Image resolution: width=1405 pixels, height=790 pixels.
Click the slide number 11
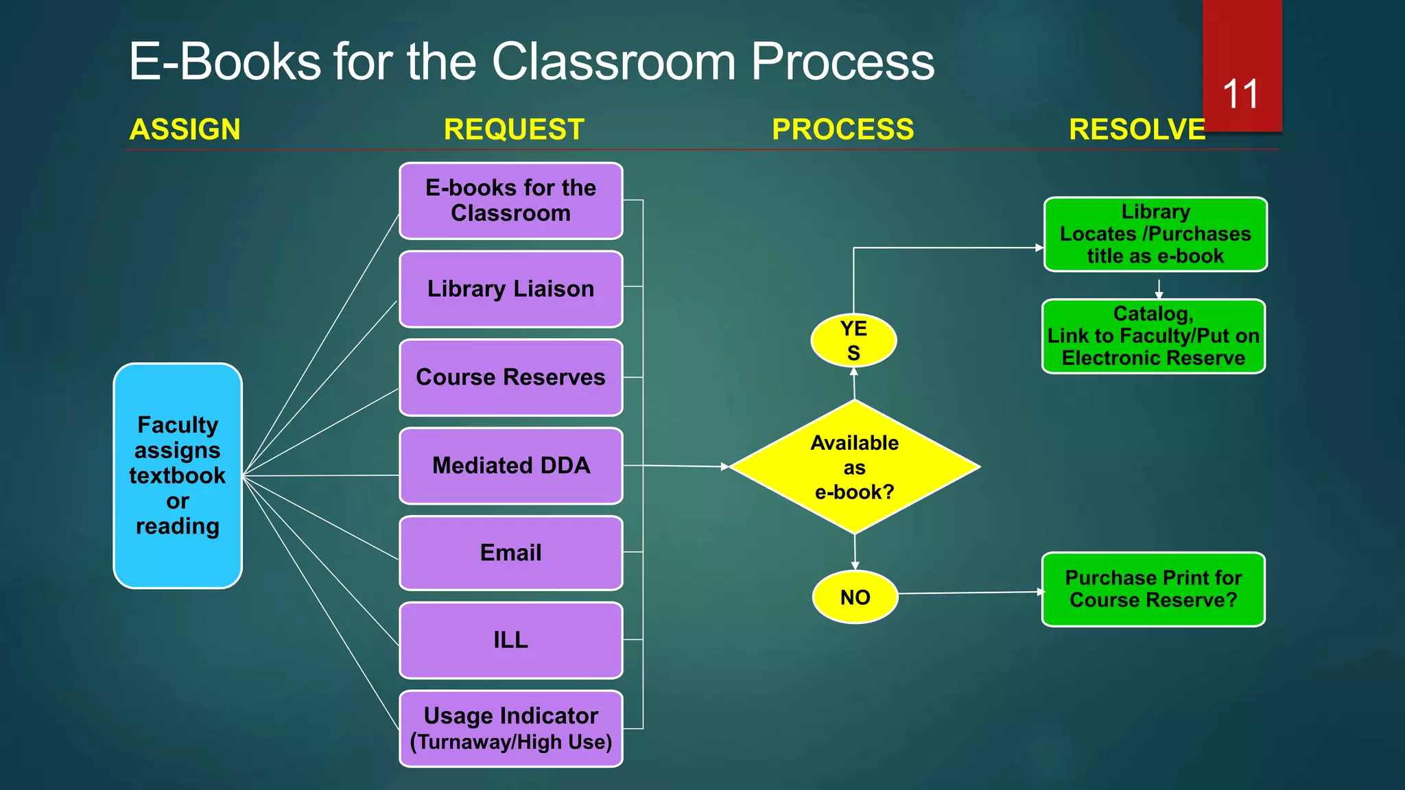1240,94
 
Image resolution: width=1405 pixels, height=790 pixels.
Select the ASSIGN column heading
185,130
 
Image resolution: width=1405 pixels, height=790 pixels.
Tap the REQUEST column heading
514,130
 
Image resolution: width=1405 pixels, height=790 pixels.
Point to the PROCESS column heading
842,130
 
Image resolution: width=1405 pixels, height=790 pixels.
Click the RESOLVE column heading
1137,130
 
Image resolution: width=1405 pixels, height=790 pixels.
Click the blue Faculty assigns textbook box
178,475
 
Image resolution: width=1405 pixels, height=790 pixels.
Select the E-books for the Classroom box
511,201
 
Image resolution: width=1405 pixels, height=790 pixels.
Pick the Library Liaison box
511,289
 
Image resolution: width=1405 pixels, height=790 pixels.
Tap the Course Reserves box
511,377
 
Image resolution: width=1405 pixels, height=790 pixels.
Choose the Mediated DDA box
511,466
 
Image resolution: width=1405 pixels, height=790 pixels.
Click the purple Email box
511,553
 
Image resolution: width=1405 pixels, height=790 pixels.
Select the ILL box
511,640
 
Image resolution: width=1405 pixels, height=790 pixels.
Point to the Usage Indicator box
511,728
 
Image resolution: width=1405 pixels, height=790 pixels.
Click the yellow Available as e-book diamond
854,467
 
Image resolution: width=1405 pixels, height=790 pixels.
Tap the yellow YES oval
853,340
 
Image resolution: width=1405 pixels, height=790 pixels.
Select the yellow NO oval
855,597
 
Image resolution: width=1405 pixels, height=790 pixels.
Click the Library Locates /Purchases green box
1155,234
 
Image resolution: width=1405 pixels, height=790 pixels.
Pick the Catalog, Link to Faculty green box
1153,336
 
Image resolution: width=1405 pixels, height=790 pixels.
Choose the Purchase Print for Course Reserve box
1153,589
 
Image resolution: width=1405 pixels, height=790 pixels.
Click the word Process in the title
842,62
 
